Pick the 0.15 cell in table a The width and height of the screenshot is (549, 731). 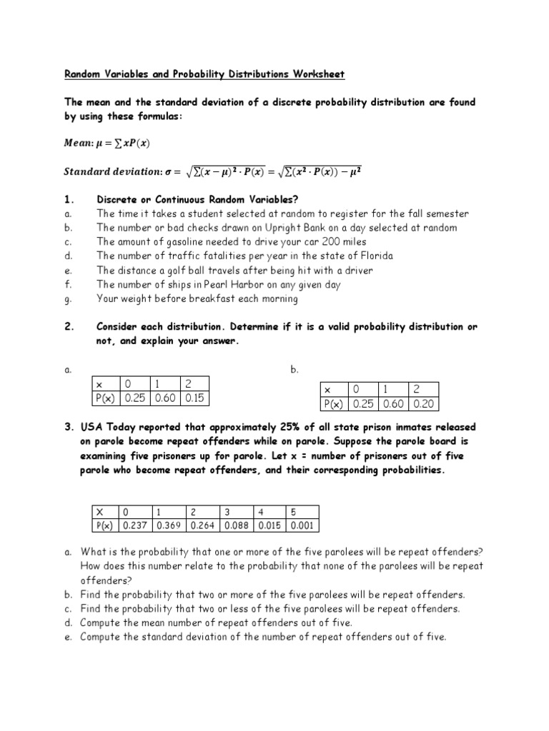point(195,398)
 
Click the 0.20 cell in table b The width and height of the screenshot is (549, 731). point(424,404)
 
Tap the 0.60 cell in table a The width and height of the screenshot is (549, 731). point(166,398)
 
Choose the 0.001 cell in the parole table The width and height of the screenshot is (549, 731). point(301,526)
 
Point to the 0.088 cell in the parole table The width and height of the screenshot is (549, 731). point(236,526)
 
